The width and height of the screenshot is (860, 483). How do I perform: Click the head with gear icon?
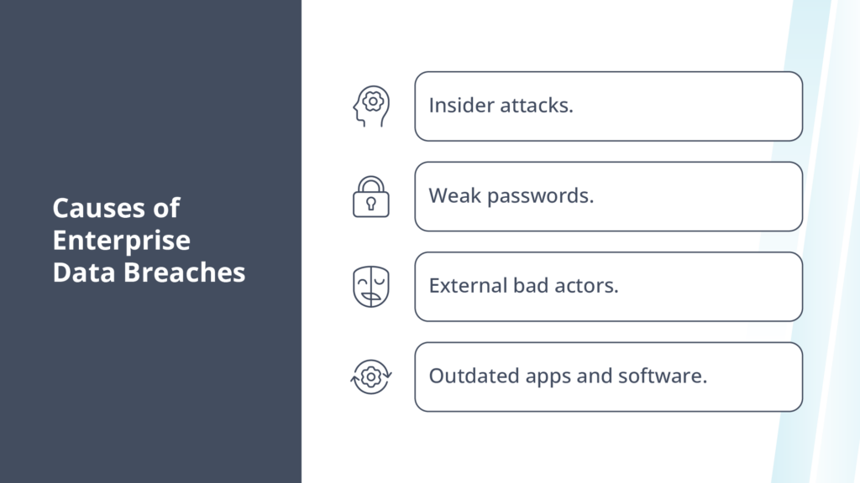370,106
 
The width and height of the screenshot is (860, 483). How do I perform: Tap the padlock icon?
370,196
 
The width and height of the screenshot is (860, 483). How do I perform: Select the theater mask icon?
370,287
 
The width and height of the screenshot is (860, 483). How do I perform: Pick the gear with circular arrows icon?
370,377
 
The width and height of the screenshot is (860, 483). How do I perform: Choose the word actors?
588,285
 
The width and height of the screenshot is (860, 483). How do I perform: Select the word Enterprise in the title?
122,241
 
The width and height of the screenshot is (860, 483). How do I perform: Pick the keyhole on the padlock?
370,204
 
